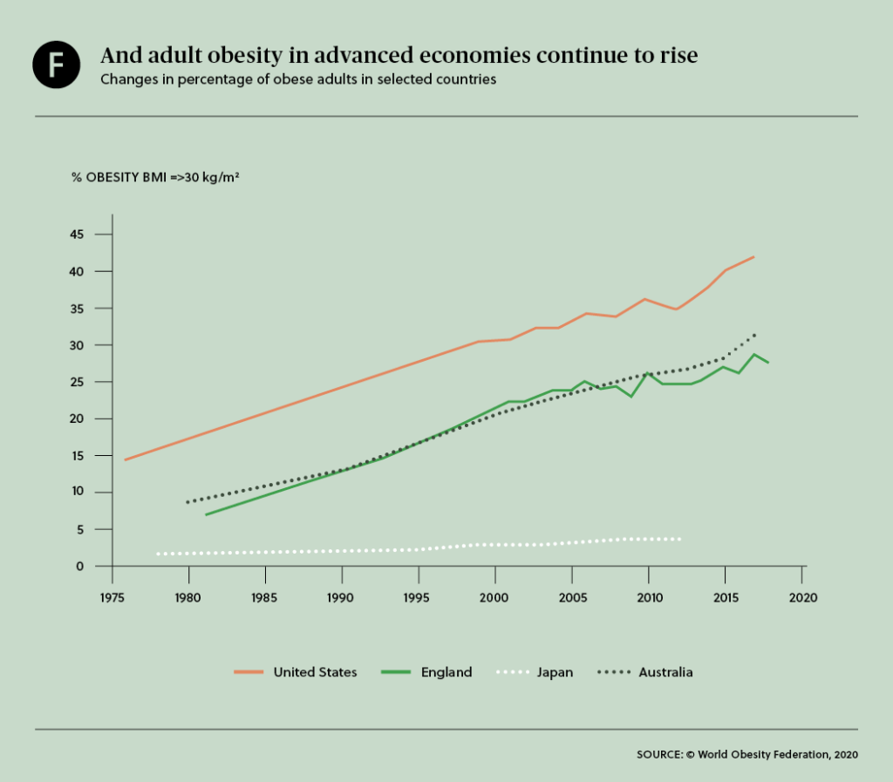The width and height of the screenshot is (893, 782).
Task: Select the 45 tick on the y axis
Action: pyautogui.click(x=77, y=235)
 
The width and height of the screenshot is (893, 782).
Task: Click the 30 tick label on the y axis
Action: pyautogui.click(x=77, y=345)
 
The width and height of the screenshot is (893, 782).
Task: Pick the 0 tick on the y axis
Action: pyautogui.click(x=80, y=566)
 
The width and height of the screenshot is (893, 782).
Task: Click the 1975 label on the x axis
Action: pyautogui.click(x=112, y=597)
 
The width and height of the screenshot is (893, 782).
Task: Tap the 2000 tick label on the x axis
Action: pyautogui.click(x=495, y=597)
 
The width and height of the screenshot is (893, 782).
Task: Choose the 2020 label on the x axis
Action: pyautogui.click(x=802, y=597)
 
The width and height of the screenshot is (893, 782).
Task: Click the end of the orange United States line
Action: pyautogui.click(x=753, y=257)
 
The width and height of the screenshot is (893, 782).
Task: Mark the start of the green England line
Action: pyautogui.click(x=206, y=514)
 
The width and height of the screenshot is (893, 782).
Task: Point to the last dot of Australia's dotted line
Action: pyautogui.click(x=754, y=334)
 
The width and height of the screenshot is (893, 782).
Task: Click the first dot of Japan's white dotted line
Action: pyautogui.click(x=158, y=554)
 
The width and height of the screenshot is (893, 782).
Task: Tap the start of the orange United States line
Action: pyautogui.click(x=126, y=459)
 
